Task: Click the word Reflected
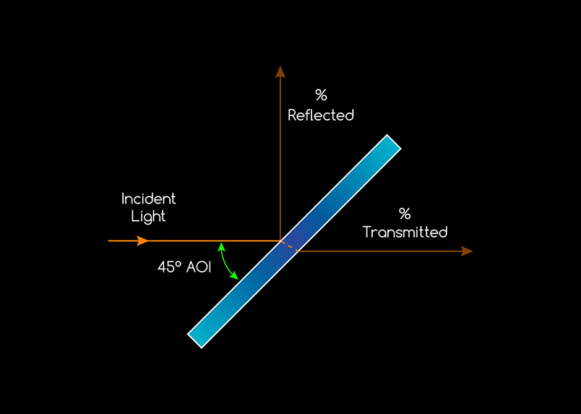321,116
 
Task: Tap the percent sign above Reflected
321,95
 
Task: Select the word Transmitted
405,232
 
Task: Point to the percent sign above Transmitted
405,214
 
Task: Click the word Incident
148,199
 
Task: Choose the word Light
148,217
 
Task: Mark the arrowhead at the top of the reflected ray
280,71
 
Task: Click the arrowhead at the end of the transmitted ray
467,251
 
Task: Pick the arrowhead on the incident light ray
143,240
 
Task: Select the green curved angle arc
226,261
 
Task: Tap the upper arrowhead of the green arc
220,246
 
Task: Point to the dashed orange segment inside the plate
290,245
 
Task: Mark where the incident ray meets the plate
281,240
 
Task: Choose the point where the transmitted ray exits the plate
299,251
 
